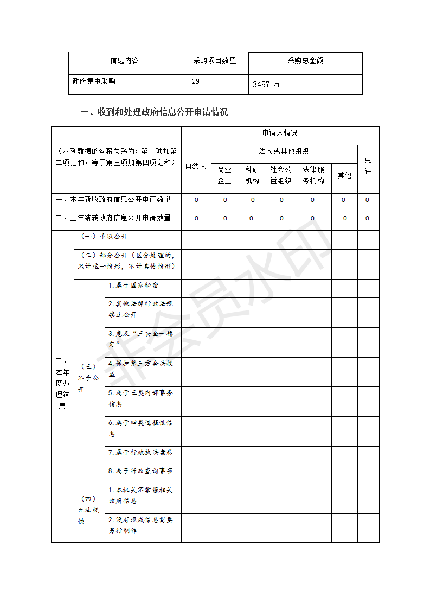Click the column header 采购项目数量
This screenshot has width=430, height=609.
(215, 61)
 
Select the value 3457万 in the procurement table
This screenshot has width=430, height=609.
(266, 85)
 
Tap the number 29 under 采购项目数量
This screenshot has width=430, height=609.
(196, 81)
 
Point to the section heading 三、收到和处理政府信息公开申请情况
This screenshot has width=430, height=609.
(154, 112)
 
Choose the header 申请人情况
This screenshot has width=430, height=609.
(280, 133)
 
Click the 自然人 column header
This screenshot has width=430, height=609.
(196, 167)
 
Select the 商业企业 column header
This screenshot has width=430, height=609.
(224, 175)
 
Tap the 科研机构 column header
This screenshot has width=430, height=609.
(252, 175)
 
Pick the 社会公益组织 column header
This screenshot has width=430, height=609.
(281, 175)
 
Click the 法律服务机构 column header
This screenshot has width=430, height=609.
(313, 175)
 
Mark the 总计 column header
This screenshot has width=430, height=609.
(368, 166)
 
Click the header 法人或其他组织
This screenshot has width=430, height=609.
(284, 151)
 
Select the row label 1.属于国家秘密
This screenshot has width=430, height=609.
(133, 286)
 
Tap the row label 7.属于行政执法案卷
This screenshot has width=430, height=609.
(140, 453)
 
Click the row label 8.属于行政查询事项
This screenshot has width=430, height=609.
(140, 471)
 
